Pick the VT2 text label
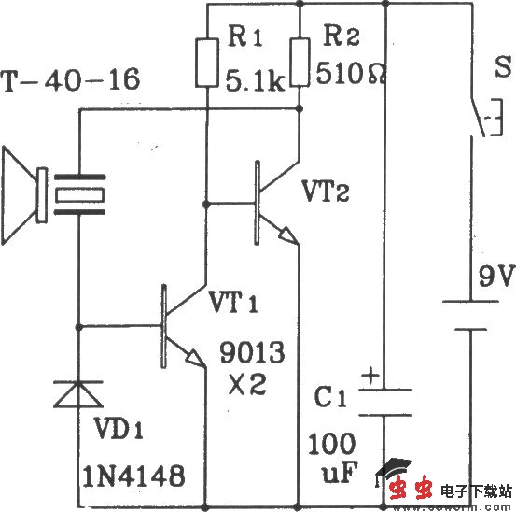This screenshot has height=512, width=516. pos(328,192)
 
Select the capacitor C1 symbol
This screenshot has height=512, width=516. pos(384,403)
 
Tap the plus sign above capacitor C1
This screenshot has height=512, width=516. pos(370,377)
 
